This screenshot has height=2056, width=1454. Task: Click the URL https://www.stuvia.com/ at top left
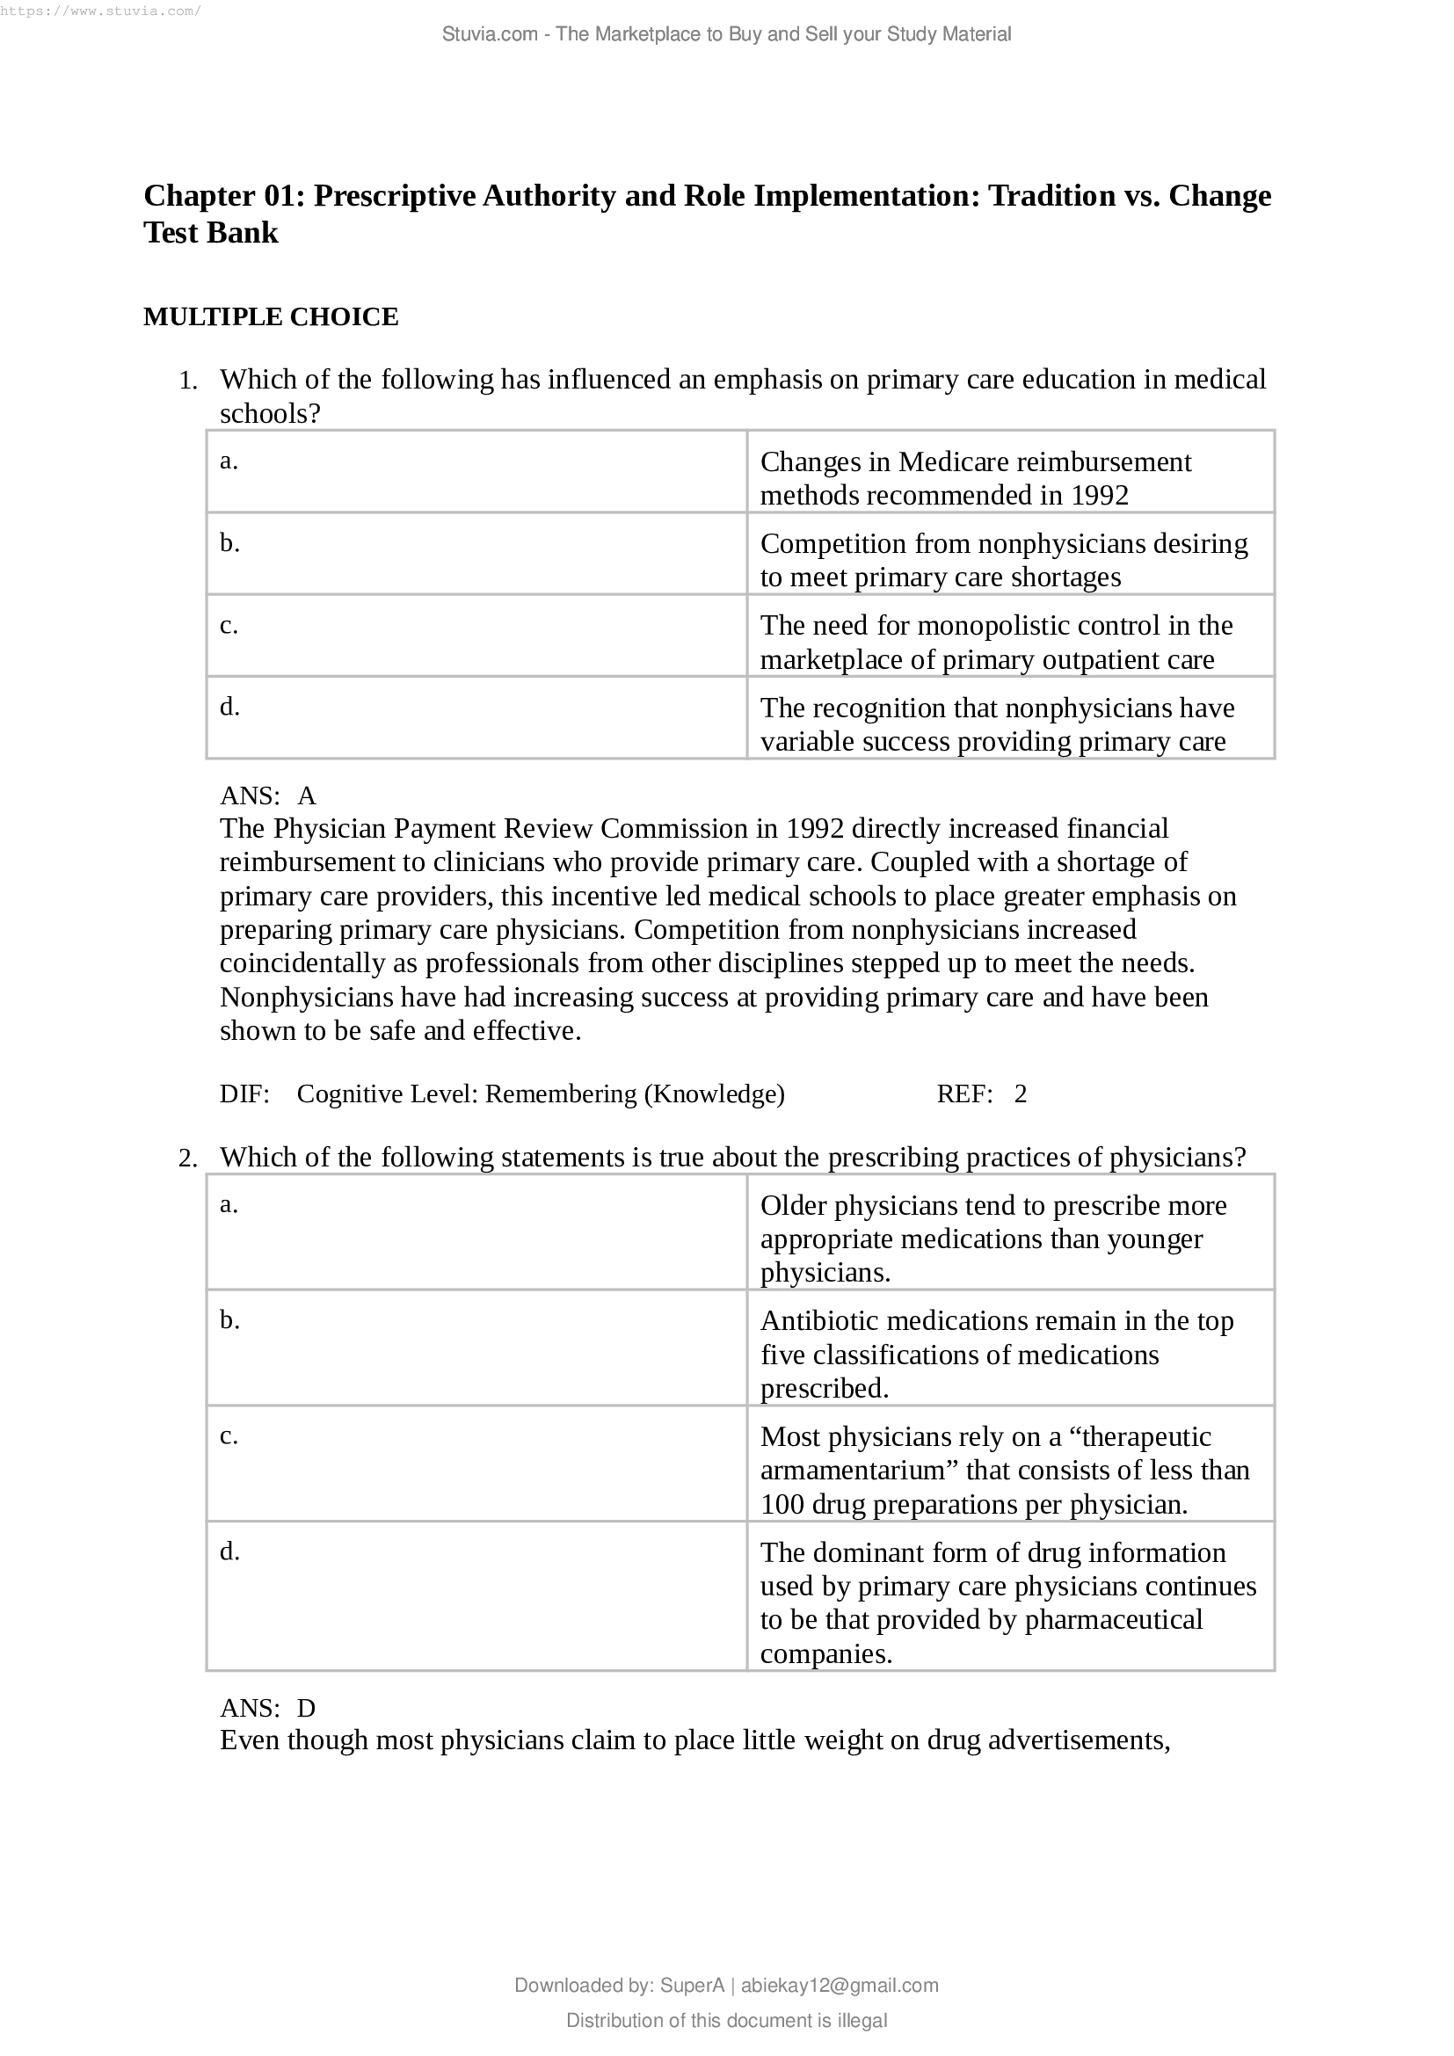click(100, 11)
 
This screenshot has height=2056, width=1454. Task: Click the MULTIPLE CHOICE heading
click(271, 317)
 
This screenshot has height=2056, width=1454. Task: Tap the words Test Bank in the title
click(211, 233)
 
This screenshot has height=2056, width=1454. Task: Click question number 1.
click(187, 381)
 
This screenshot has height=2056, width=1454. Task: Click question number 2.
click(187, 1159)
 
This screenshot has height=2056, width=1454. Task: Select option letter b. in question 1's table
click(230, 543)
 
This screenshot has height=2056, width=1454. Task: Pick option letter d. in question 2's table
click(230, 1551)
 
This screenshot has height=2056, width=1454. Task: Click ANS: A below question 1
click(268, 796)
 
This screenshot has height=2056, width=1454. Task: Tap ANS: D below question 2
click(268, 1708)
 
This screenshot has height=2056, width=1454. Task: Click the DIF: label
click(244, 1094)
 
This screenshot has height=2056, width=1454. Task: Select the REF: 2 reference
click(981, 1094)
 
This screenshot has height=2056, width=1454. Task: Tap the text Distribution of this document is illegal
click(726, 2020)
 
